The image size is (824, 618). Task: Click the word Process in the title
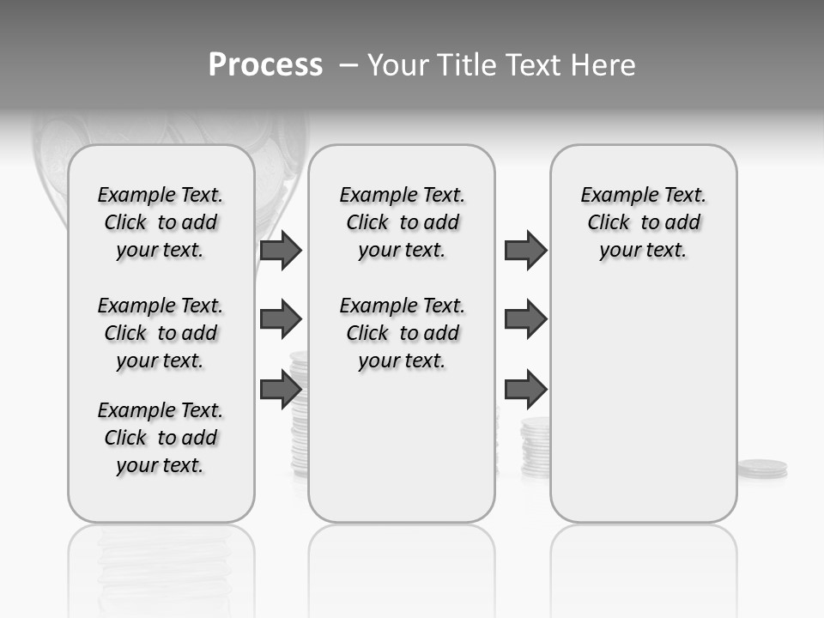coord(265,64)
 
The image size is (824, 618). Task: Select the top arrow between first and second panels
coord(281,251)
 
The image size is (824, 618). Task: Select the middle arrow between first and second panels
coord(281,319)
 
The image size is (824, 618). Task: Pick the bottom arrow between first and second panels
coord(281,389)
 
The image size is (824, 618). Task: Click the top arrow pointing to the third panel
coord(525,251)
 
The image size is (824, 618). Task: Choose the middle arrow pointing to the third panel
coord(525,319)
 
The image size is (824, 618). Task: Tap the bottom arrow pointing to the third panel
coord(525,389)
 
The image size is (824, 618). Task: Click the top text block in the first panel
coord(161,222)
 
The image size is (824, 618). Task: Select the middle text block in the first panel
coord(161,333)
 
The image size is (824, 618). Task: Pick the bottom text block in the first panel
coord(161,438)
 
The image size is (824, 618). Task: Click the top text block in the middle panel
coord(402,222)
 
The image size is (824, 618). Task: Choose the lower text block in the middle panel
coord(402,333)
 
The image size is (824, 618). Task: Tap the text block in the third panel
coord(643,222)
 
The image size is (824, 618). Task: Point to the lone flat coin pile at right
coord(762,469)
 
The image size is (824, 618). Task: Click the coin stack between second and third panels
coord(536,446)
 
